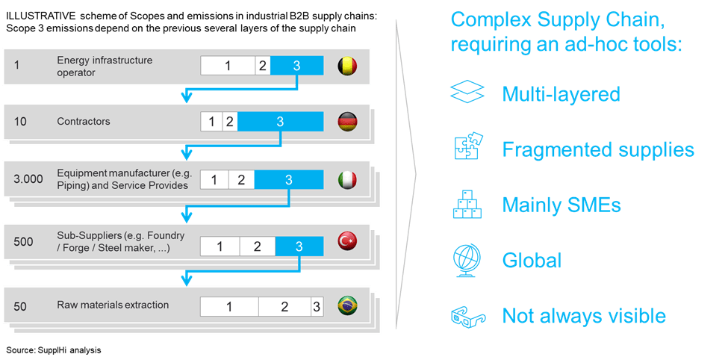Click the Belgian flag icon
pos(348,66)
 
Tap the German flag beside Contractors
pos(348,122)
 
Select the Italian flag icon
pos(348,180)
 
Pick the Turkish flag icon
pos(348,241)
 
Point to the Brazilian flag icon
pos(348,305)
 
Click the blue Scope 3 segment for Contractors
pos(280,122)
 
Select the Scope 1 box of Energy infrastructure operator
pos(228,66)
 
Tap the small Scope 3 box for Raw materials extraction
pos(317,306)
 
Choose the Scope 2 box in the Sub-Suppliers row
pos(256,246)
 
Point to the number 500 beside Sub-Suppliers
pos(23,241)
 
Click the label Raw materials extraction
pos(113,305)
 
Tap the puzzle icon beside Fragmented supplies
pos(467,148)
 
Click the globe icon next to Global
pos(467,259)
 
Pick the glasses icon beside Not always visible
pos(467,316)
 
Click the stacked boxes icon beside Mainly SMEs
pos(467,204)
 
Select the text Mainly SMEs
pos(561,205)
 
